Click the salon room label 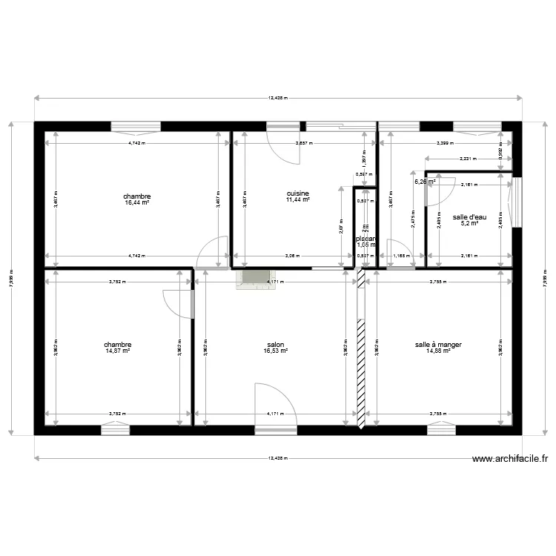click(x=276, y=345)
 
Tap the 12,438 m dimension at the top click(x=277, y=98)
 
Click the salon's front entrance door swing click(x=274, y=404)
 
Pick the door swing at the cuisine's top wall click(x=282, y=145)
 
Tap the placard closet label click(x=365, y=239)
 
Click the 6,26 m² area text click(x=424, y=181)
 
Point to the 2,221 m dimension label click(x=469, y=159)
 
